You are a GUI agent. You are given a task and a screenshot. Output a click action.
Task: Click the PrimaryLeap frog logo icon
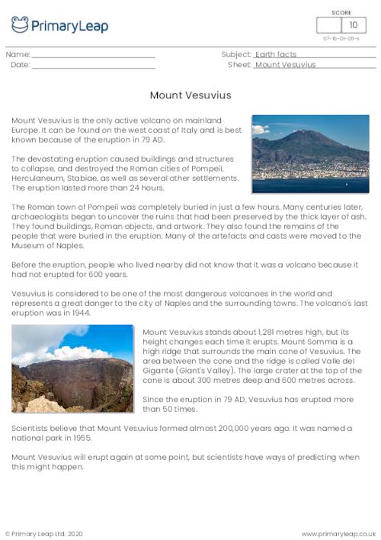tap(20, 24)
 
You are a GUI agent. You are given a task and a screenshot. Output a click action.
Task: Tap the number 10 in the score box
tap(353, 24)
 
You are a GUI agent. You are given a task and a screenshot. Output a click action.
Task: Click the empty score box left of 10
tap(328, 24)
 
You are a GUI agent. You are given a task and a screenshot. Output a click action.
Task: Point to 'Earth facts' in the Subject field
tap(276, 55)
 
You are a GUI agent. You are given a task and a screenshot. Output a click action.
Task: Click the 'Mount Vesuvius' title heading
tap(190, 95)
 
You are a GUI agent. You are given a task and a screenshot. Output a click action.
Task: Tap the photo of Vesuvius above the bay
tap(310, 153)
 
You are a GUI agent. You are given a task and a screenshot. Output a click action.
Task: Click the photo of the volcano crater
tap(72, 368)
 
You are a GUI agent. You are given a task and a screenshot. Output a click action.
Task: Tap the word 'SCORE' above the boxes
tap(341, 12)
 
